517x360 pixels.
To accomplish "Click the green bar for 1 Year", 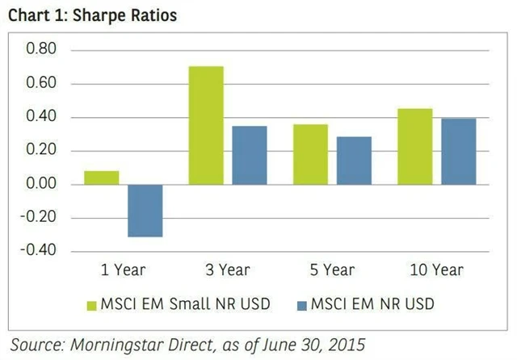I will click(x=101, y=178).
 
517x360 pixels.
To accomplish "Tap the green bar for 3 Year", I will click(x=205, y=125).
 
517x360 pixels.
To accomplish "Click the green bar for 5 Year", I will click(x=310, y=154).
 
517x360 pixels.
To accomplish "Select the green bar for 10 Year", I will click(x=415, y=146).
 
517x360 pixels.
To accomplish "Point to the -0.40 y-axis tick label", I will click(x=40, y=251).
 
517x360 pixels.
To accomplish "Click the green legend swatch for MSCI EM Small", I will click(x=91, y=304).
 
